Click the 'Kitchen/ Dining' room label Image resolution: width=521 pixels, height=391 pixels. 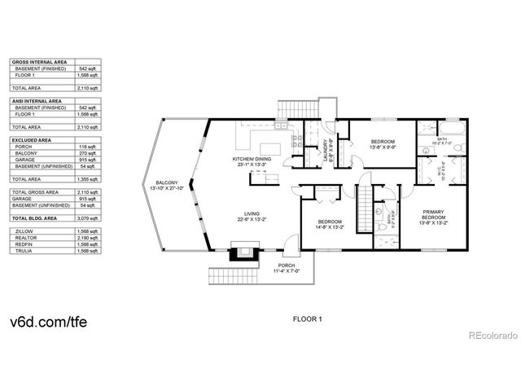coord(252,161)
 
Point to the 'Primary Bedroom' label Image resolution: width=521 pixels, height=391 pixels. coord(433,216)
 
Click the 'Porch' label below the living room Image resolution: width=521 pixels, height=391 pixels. coord(287,267)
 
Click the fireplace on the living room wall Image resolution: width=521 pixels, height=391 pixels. coord(240,251)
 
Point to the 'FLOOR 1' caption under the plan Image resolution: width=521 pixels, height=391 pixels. coord(309,319)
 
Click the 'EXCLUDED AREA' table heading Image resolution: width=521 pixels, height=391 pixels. coord(32,140)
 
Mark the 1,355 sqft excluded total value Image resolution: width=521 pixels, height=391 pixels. coord(87,178)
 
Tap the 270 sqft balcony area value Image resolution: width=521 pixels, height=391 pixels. coord(87,153)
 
